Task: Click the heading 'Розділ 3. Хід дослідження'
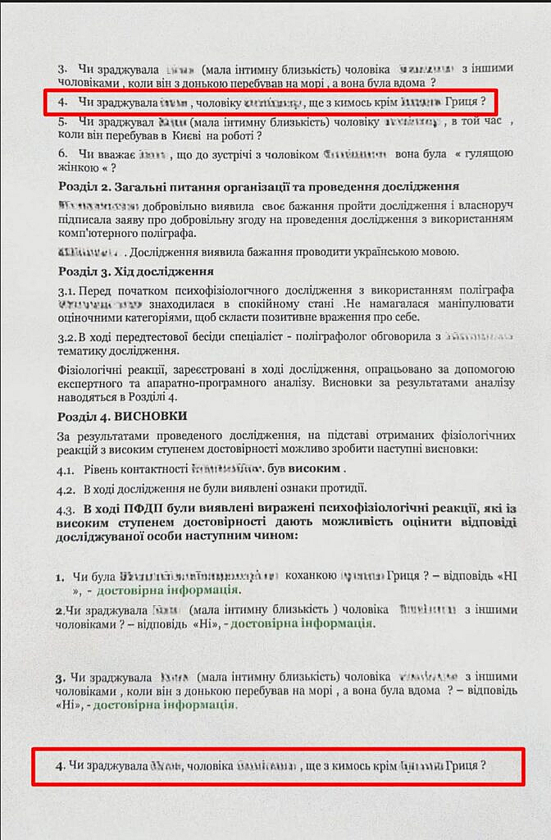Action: click(x=136, y=272)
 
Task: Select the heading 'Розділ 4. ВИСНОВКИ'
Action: click(x=122, y=417)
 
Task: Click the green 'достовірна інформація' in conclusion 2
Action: click(x=301, y=623)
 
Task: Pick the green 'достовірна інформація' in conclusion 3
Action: click(x=165, y=705)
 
